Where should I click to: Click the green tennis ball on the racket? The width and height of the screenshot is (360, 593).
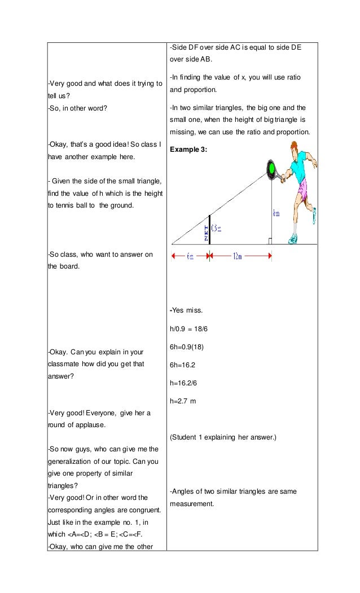pyautogui.click(x=271, y=168)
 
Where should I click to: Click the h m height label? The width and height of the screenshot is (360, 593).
pyautogui.click(x=276, y=213)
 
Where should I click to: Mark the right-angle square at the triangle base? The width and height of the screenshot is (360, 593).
pyautogui.click(x=271, y=241)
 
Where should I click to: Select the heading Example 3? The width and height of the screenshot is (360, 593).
pyautogui.click(x=188, y=150)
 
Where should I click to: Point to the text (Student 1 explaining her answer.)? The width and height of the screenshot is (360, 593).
pyautogui.click(x=223, y=437)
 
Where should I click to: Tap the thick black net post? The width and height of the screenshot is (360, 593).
pyautogui.click(x=210, y=229)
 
